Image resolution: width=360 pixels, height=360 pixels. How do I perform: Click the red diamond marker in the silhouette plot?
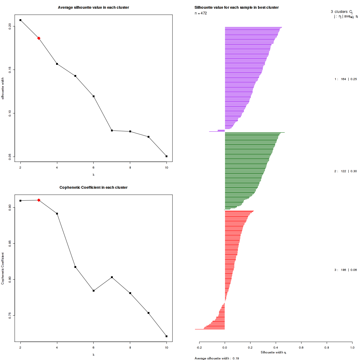(x=39, y=38)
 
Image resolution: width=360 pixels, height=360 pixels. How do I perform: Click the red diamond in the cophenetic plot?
(x=39, y=200)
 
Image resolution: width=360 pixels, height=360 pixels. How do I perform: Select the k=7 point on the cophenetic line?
(x=112, y=277)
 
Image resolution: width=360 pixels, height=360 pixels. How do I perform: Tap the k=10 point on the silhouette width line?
(x=166, y=156)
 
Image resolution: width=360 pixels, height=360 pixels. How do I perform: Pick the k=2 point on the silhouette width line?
(x=20, y=20)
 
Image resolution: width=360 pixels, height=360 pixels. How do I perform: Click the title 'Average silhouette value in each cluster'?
(x=93, y=7)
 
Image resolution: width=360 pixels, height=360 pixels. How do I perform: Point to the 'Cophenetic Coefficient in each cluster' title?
(x=93, y=187)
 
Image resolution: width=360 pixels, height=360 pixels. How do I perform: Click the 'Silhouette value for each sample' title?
(x=236, y=7)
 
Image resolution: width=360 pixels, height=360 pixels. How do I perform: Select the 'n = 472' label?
(x=201, y=13)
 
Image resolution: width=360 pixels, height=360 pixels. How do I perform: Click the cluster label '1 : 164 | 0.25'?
(x=346, y=79)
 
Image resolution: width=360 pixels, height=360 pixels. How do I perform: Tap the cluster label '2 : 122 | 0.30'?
(x=346, y=171)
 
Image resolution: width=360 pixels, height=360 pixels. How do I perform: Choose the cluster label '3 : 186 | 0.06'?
(x=346, y=270)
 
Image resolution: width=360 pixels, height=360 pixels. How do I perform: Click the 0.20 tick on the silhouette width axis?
(x=10, y=26)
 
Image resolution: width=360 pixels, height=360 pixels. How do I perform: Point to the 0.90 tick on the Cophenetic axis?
(x=10, y=207)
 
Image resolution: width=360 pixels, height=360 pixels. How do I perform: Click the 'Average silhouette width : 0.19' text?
(x=217, y=358)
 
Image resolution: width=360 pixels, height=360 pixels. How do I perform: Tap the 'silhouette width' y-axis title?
(x=3, y=88)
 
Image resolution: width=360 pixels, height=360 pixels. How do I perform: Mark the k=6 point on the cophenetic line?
(x=94, y=291)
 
